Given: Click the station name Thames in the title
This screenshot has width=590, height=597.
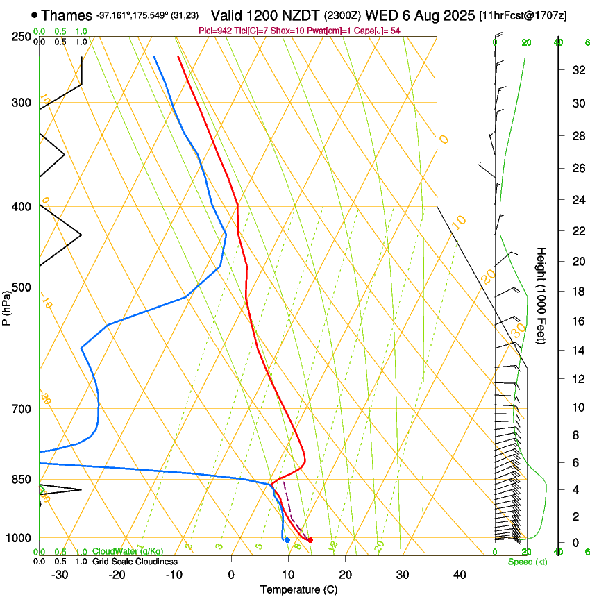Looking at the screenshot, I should click(67, 15).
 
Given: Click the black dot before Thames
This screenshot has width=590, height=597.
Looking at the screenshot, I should click(34, 15).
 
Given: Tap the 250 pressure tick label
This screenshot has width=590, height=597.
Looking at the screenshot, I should click(22, 36).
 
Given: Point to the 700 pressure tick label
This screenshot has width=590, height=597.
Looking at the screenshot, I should click(22, 409).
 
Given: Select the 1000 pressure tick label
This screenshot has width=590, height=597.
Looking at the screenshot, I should click(19, 539).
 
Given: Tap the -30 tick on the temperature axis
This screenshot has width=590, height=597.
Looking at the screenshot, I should click(60, 575).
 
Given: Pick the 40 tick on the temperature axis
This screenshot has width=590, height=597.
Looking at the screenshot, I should click(459, 575).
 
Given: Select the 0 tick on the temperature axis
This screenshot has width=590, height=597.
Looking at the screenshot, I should click(232, 575).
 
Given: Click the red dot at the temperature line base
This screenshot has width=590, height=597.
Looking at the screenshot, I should click(310, 540).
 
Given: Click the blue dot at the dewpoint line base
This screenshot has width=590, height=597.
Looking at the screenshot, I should click(287, 540).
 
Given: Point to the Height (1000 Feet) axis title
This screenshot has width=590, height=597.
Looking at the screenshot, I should click(542, 296).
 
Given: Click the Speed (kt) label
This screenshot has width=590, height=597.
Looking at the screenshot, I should click(528, 562).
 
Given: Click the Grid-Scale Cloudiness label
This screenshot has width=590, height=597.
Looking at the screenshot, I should click(135, 562).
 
